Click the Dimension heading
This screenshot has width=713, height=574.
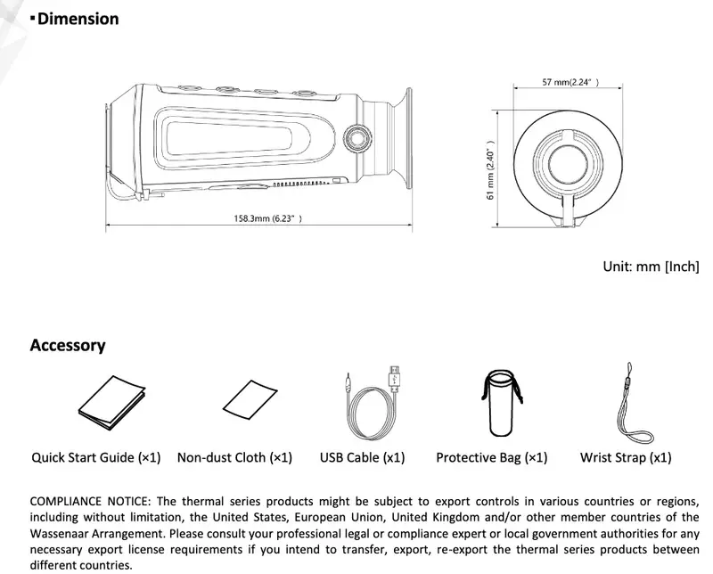pyautogui.click(x=78, y=19)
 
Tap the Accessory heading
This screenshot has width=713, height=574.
pyautogui.click(x=68, y=345)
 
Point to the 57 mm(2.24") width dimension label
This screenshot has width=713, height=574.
pyautogui.click(x=570, y=83)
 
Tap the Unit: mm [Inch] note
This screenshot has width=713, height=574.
pyautogui.click(x=651, y=266)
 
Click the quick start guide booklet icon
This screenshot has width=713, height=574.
pyautogui.click(x=112, y=402)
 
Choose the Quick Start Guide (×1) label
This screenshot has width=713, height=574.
pyautogui.click(x=96, y=457)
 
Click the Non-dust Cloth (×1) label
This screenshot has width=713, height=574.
pyautogui.click(x=234, y=457)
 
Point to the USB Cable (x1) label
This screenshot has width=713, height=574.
pyautogui.click(x=362, y=457)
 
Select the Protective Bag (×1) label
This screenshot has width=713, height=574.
pyautogui.click(x=491, y=457)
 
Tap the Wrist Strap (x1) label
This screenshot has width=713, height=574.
pyautogui.click(x=626, y=457)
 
